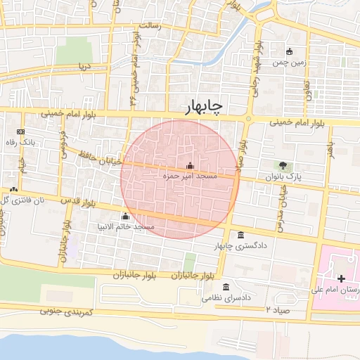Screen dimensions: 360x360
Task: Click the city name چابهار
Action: tap(203, 107)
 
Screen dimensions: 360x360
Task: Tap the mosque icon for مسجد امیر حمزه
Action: tap(189, 165)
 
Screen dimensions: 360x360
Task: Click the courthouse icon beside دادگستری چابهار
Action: tap(241, 235)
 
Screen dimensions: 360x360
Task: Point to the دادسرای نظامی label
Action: tap(226, 298)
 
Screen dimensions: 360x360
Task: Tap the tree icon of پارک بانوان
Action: tap(283, 165)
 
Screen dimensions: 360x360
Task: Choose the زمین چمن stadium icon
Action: tap(289, 51)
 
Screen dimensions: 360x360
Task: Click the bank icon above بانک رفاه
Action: tap(20, 131)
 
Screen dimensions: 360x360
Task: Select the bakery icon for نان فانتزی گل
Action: tap(14, 189)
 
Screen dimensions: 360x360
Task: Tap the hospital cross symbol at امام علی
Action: tap(341, 279)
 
